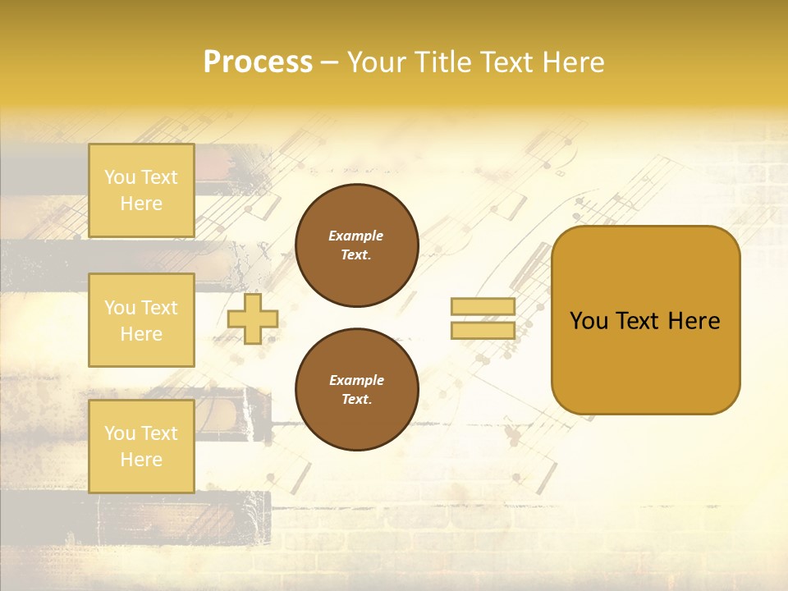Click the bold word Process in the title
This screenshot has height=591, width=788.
(x=258, y=62)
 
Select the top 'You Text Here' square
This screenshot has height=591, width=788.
(x=141, y=190)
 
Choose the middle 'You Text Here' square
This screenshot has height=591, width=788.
(x=141, y=320)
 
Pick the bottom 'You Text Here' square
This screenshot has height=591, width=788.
(x=141, y=446)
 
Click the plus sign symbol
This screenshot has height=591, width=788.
(x=253, y=319)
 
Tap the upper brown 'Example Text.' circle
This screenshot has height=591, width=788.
(x=356, y=245)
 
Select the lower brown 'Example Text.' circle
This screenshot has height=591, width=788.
(x=356, y=390)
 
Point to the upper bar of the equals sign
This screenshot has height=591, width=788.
(x=483, y=307)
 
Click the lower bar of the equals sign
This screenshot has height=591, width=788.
(x=483, y=330)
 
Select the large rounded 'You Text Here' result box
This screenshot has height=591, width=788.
(x=645, y=320)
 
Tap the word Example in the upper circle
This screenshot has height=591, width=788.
(x=356, y=236)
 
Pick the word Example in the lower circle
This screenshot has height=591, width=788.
(x=356, y=380)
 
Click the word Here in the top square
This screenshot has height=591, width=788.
(x=141, y=204)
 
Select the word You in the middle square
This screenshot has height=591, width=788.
(x=120, y=308)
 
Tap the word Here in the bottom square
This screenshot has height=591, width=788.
(x=141, y=460)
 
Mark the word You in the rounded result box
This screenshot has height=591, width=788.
(x=589, y=321)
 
